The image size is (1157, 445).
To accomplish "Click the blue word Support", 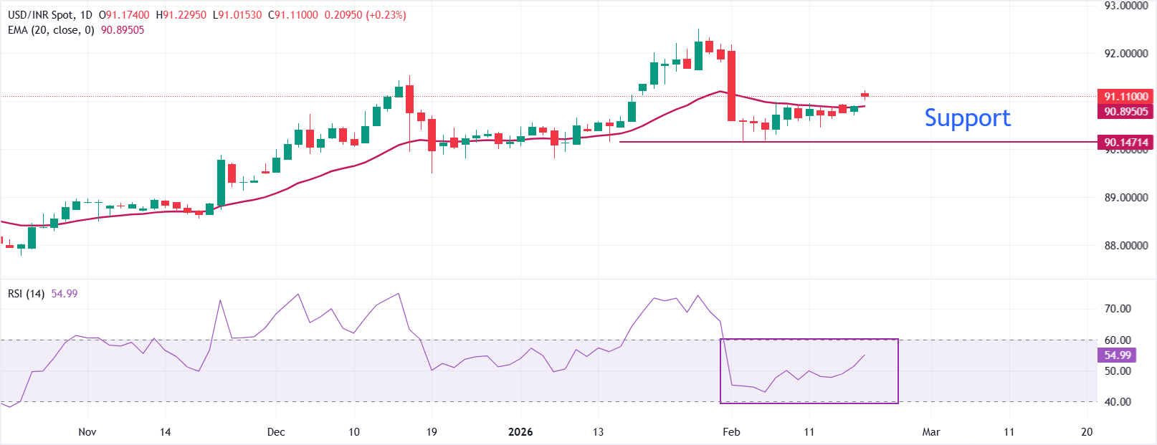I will pyautogui.click(x=967, y=118).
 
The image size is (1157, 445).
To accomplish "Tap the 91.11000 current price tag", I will pyautogui.click(x=1125, y=96).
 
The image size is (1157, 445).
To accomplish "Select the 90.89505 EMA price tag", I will pyautogui.click(x=1125, y=111).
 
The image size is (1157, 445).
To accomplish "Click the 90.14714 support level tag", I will pyautogui.click(x=1125, y=142).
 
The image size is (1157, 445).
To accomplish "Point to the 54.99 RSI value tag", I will pyautogui.click(x=1117, y=355).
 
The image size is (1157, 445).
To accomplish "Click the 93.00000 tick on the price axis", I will pyautogui.click(x=1126, y=6).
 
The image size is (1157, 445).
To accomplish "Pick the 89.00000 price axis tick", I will pyautogui.click(x=1126, y=197).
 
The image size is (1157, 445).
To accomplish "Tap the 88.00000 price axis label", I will pyautogui.click(x=1126, y=245).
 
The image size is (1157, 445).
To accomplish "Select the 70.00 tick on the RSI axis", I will pyautogui.click(x=1118, y=309).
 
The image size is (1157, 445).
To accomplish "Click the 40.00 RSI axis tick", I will pyautogui.click(x=1118, y=402).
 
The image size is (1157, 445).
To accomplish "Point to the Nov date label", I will pyautogui.click(x=87, y=431).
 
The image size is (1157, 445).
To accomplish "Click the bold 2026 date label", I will pyautogui.click(x=520, y=431).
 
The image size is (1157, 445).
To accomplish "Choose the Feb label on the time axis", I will pyautogui.click(x=731, y=431).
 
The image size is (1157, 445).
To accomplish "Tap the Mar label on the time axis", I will pyautogui.click(x=931, y=431).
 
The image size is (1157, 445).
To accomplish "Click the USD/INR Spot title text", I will pyautogui.click(x=40, y=15).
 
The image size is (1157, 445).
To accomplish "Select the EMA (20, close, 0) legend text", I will pyautogui.click(x=51, y=30).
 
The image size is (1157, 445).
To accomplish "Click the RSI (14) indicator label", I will pyautogui.click(x=26, y=294).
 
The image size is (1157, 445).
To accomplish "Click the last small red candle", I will pyautogui.click(x=865, y=94).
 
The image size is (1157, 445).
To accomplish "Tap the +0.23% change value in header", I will pyautogui.click(x=386, y=15).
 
